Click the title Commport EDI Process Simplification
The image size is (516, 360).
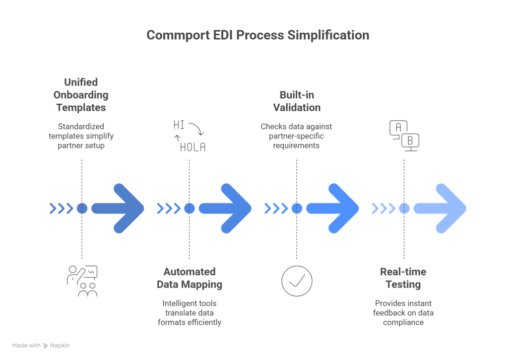[x=257, y=36]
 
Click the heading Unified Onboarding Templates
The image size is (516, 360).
[x=82, y=95]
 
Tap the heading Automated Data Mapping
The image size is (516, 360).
[x=189, y=278]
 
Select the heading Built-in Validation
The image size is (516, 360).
[x=296, y=101]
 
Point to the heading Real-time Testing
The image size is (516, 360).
[x=403, y=278]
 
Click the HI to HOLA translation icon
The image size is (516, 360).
[x=189, y=135]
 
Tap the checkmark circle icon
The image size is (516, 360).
[x=297, y=280]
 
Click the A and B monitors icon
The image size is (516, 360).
[x=404, y=135]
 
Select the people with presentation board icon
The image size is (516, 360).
[x=82, y=280]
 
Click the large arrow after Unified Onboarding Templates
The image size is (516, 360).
[x=118, y=208]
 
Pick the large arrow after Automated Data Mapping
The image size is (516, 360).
[x=226, y=208]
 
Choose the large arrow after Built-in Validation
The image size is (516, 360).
[x=333, y=208]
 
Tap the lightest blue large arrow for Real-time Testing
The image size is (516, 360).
[x=440, y=208]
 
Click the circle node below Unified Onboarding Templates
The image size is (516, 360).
[x=82, y=208]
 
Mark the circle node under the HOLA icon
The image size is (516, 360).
[x=189, y=208]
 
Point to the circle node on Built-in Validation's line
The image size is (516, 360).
[x=296, y=208]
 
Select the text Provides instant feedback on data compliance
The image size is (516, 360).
[x=403, y=312]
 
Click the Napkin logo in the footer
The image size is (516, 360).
[x=56, y=346]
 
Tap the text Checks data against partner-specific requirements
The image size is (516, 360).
[x=296, y=136]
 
